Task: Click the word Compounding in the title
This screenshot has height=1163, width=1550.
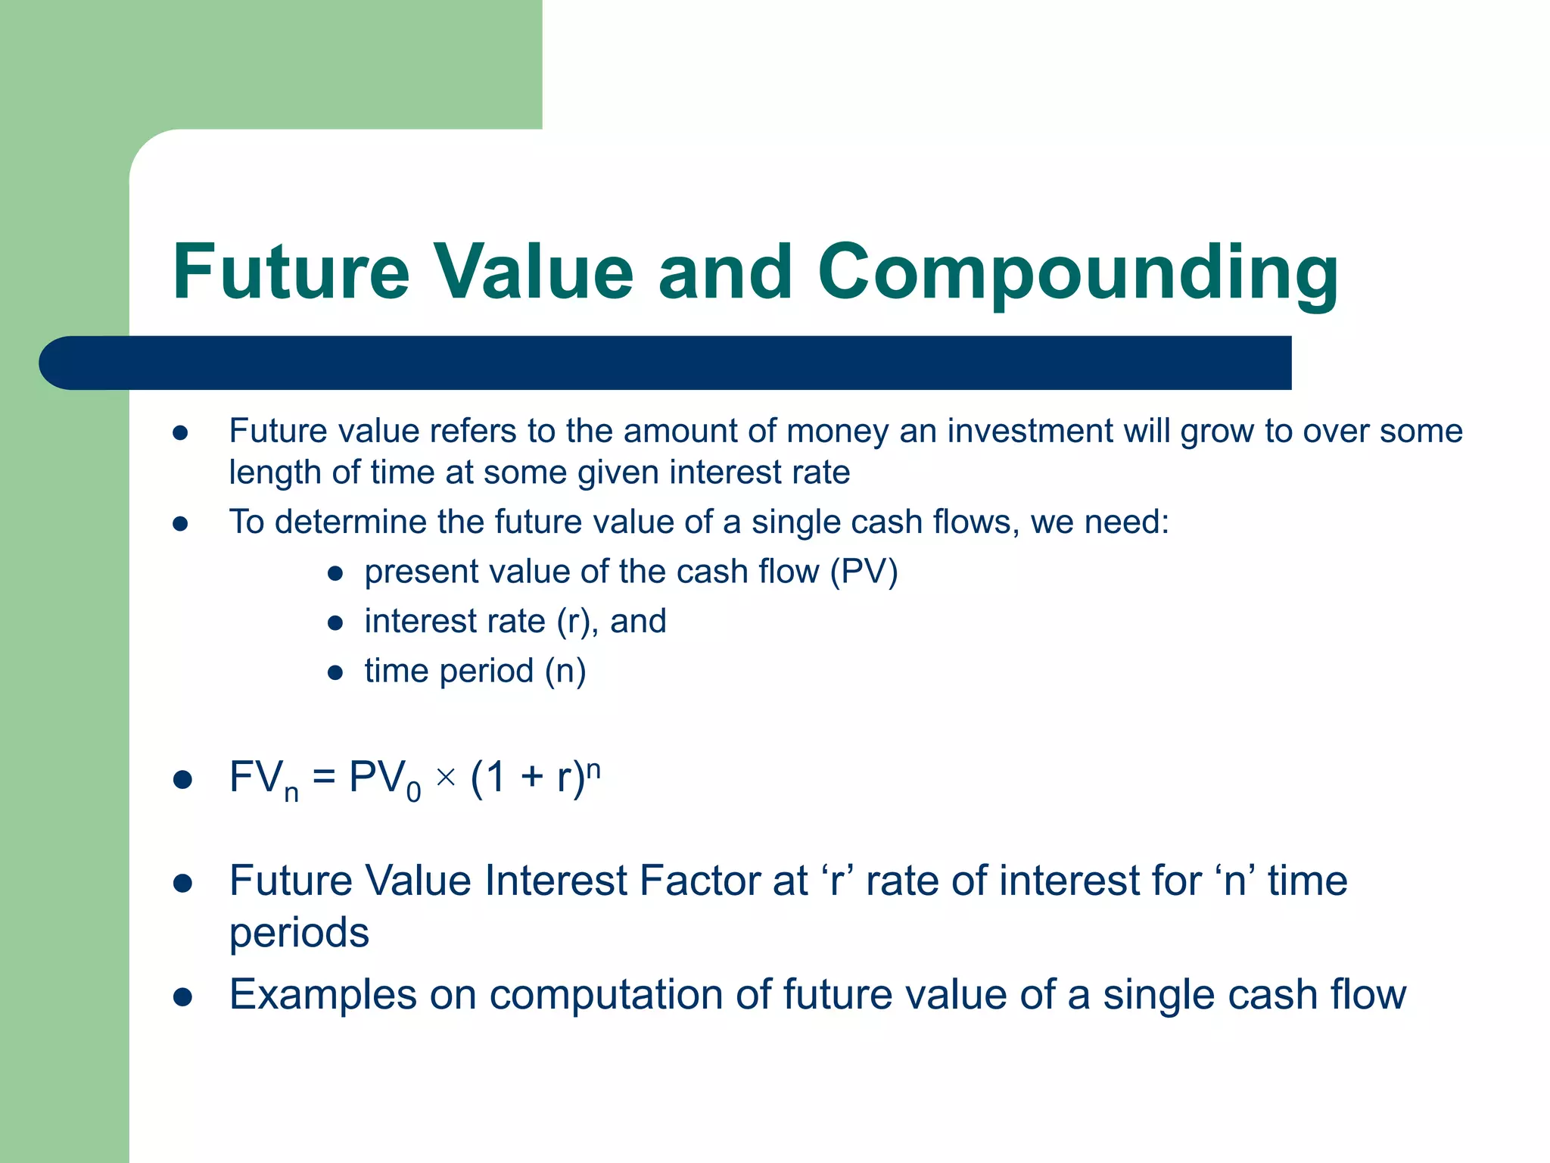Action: (x=1078, y=273)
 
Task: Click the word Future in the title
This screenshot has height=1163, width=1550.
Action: (x=291, y=273)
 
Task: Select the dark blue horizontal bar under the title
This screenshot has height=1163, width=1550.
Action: (x=666, y=363)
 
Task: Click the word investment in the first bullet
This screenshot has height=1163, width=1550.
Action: (x=1031, y=431)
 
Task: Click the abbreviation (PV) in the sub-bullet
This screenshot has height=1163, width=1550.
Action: (x=864, y=572)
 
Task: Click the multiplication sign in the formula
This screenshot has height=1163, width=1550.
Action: (x=446, y=777)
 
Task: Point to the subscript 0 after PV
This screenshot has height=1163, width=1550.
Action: (x=413, y=793)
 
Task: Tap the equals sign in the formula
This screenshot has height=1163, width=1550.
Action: (x=324, y=778)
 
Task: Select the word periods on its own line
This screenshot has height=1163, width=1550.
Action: (x=299, y=933)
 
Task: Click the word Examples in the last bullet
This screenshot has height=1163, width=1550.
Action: (x=322, y=995)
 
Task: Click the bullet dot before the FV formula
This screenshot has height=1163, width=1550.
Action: (x=182, y=780)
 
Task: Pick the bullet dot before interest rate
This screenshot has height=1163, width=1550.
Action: (x=335, y=623)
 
